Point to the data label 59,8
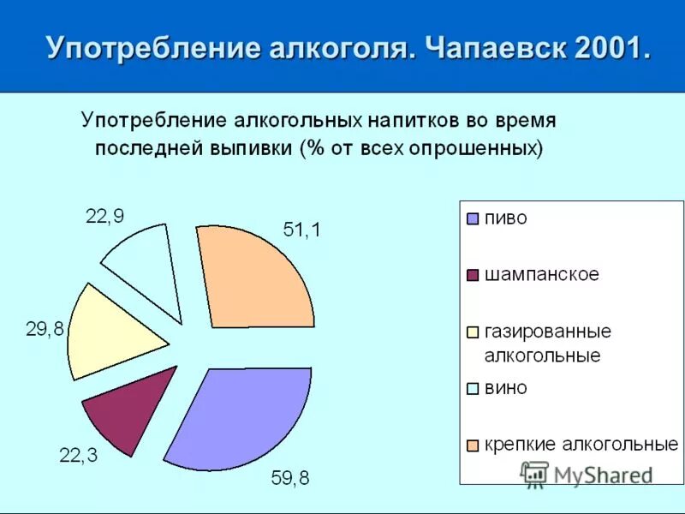point(290,479)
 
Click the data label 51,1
point(301,230)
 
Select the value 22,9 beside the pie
point(104,216)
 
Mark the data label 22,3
point(78,456)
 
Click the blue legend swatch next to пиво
point(472,218)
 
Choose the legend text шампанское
point(541,275)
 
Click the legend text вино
point(506,387)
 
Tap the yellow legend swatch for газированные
point(472,331)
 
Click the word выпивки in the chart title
point(251,147)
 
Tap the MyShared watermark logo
point(534,474)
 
